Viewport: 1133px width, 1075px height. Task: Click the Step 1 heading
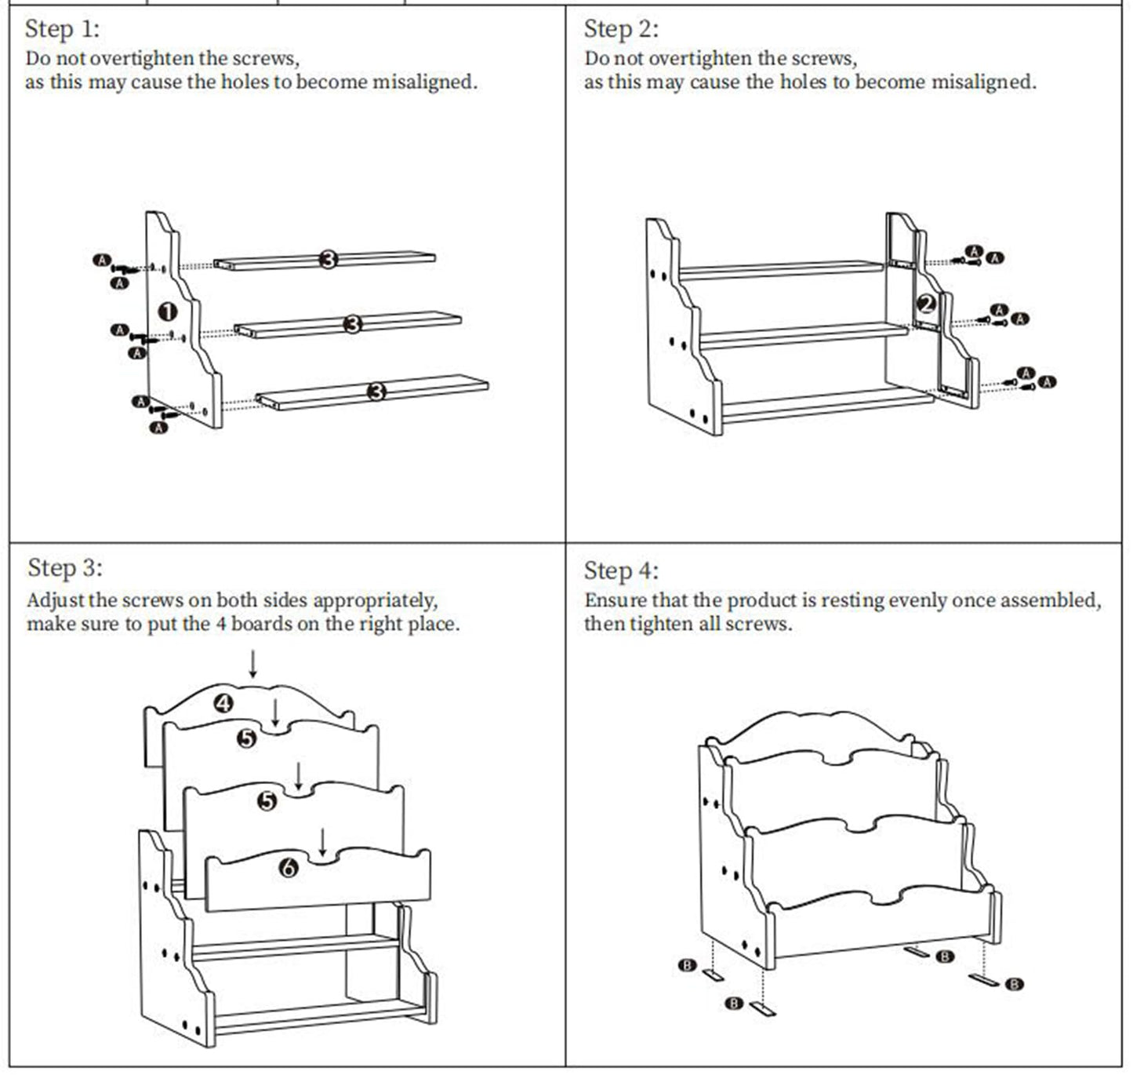tap(62, 30)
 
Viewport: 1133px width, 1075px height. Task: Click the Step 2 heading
tap(620, 30)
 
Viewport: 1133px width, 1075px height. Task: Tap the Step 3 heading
tap(64, 568)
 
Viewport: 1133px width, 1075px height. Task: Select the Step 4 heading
tap(620, 571)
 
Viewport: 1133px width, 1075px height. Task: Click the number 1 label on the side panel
tap(168, 312)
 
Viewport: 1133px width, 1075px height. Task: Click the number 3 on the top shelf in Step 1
tap(329, 259)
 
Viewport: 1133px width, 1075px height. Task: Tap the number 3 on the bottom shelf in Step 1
tap(376, 391)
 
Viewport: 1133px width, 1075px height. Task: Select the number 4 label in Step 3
tap(224, 703)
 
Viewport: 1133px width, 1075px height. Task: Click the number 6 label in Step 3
tap(289, 868)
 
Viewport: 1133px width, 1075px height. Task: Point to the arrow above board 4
tap(252, 664)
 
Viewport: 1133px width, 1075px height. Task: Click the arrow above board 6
tap(322, 841)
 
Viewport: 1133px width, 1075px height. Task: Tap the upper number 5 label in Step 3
tap(247, 738)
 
